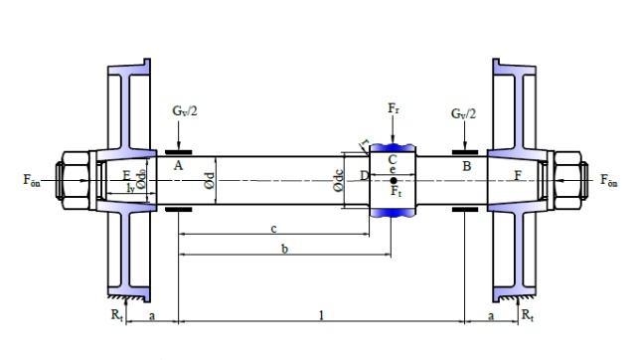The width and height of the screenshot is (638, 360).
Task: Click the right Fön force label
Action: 612,180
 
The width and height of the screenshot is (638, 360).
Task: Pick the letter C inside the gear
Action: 393,159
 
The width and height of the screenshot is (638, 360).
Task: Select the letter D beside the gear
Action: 364,176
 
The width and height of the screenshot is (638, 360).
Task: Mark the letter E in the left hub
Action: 125,176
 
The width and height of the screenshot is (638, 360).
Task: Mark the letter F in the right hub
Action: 517,176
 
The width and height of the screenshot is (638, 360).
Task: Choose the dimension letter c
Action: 273,229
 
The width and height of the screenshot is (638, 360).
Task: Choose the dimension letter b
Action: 284,250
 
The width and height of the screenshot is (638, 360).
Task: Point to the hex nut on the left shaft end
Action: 76,180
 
